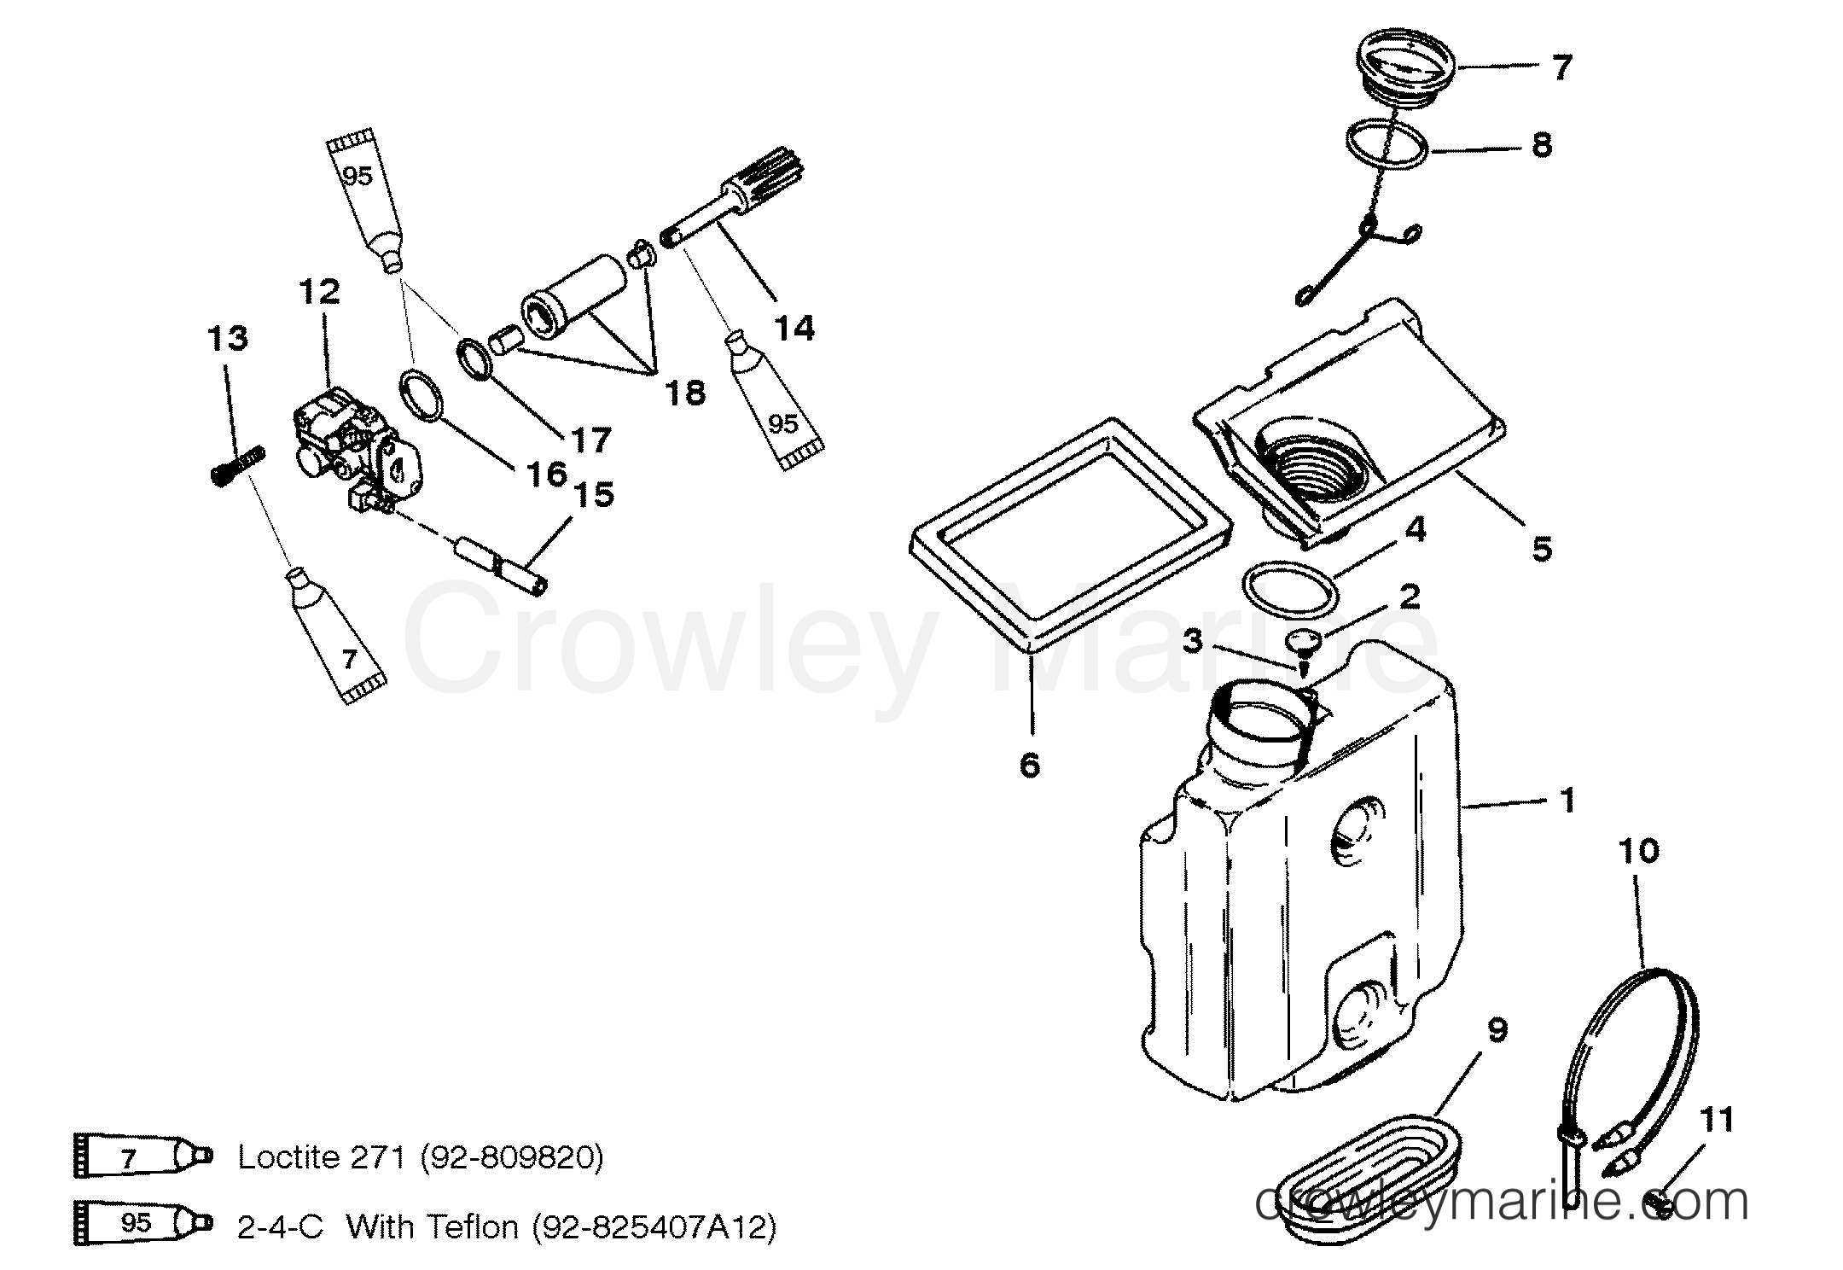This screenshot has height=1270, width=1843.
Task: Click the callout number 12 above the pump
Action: click(x=320, y=292)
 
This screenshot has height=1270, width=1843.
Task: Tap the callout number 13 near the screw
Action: click(x=228, y=339)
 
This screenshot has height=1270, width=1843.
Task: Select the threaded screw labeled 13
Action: click(x=237, y=466)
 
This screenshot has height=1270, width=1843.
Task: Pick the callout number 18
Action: click(x=685, y=393)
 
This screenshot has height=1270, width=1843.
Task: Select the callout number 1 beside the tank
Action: click(x=1567, y=801)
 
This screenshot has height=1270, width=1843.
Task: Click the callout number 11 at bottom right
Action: click(x=1718, y=1119)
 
